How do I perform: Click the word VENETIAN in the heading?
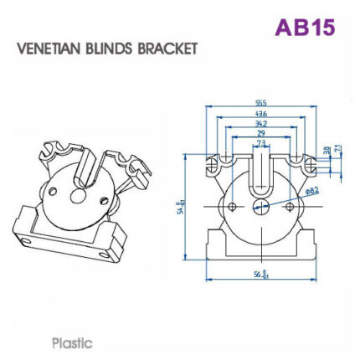pyautogui.click(x=49, y=49)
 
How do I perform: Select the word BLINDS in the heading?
pyautogui.click(x=112, y=49)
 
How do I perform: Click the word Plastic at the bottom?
pyautogui.click(x=72, y=342)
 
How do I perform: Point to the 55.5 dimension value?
pyautogui.click(x=261, y=103)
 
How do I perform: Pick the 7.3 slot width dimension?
pyautogui.click(x=261, y=143)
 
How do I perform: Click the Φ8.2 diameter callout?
pyautogui.click(x=312, y=191)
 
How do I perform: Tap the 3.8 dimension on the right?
pyautogui.click(x=327, y=151)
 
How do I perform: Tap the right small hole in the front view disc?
pyautogui.click(x=290, y=205)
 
